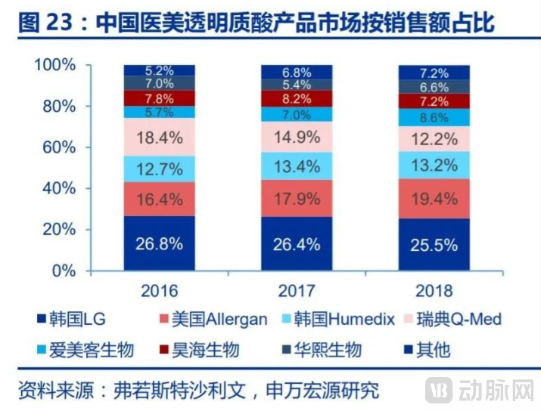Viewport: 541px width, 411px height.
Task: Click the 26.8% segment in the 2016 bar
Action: [x=160, y=243]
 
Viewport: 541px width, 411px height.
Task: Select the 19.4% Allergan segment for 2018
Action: [x=434, y=200]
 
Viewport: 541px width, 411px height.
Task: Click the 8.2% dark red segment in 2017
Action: [x=297, y=98]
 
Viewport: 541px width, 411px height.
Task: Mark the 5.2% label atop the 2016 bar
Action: [x=160, y=70]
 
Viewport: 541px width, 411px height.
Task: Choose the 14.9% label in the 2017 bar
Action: [x=297, y=137]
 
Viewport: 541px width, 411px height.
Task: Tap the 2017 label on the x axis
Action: [x=297, y=291]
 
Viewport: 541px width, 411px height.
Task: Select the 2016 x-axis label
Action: [x=160, y=291]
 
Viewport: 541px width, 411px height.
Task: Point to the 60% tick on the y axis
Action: [x=59, y=147]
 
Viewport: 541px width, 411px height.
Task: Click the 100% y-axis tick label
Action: [x=54, y=65]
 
